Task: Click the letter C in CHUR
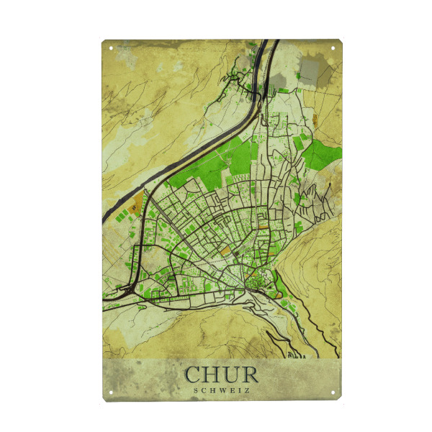(x=193, y=375)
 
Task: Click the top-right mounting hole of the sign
(x=333, y=48)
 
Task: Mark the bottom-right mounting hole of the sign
(x=333, y=392)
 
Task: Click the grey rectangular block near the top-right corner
(x=315, y=68)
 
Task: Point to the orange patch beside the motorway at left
(x=135, y=208)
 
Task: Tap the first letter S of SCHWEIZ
(x=197, y=391)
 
